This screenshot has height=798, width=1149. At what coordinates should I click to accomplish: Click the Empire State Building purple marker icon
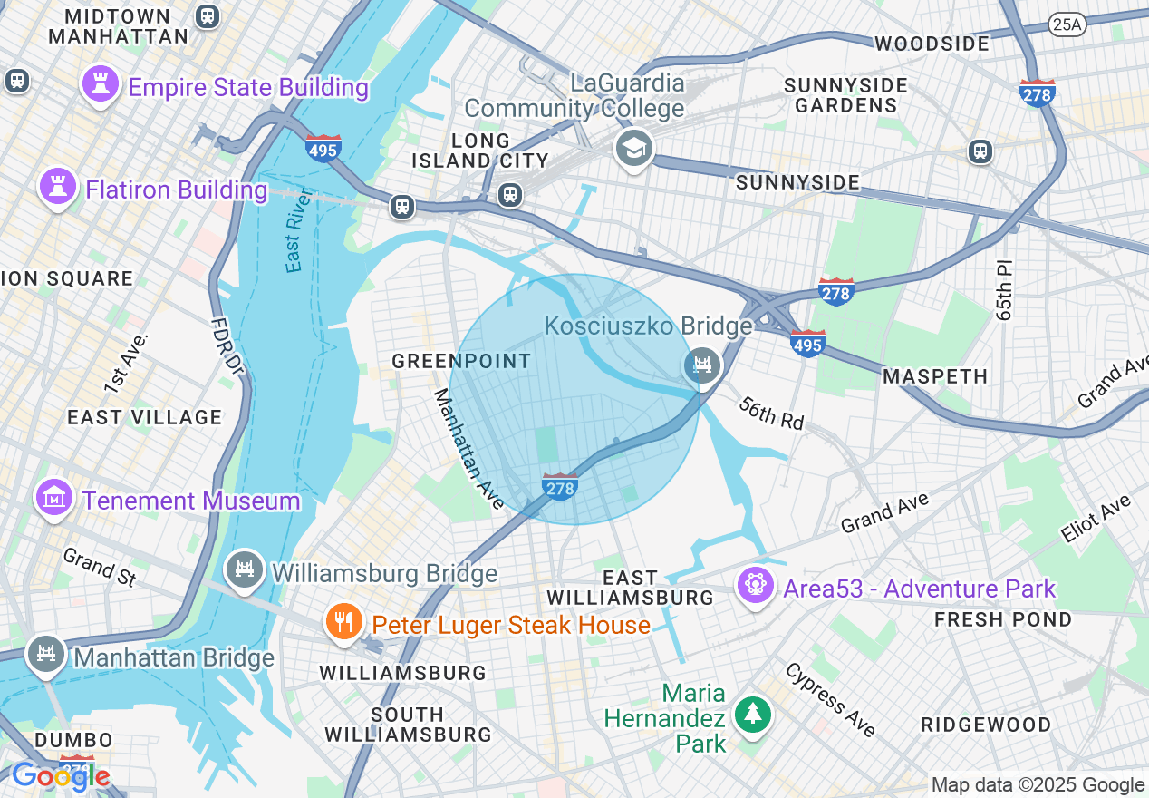coord(101,85)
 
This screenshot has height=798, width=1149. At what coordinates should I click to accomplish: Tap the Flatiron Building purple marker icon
coord(58,188)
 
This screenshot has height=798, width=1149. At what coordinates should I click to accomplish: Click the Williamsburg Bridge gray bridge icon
coord(244,570)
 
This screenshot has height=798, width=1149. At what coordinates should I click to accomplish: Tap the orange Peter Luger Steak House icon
coord(343,622)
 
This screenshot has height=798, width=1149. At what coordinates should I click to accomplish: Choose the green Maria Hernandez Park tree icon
coord(752,715)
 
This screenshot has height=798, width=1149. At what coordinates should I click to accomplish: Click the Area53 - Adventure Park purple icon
coord(755,586)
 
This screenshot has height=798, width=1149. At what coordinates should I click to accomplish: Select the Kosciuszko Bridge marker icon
coord(702,366)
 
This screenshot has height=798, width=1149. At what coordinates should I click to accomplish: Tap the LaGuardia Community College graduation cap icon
coord(633,147)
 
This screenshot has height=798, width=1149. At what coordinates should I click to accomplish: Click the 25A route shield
coord(1067,24)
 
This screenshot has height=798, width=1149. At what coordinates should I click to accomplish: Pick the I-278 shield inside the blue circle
coord(560,487)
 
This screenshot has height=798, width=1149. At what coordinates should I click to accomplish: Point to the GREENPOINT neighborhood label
coord(461,361)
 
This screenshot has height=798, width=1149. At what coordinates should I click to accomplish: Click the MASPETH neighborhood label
coord(934,375)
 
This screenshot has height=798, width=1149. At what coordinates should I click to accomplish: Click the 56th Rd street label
coord(771,413)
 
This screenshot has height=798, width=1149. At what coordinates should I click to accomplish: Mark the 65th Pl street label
coord(1004,291)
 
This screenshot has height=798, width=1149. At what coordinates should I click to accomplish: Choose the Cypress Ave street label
coord(830,699)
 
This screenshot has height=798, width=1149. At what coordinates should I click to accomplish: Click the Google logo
coord(61,776)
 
